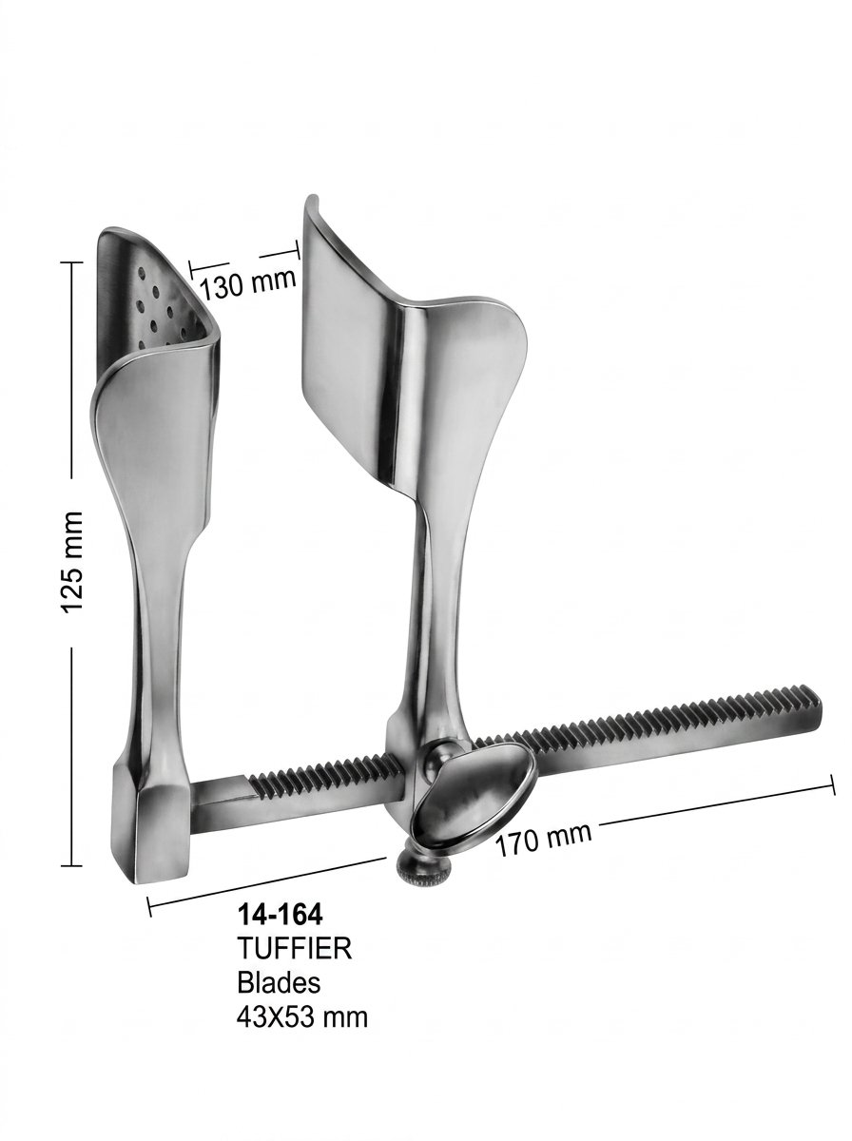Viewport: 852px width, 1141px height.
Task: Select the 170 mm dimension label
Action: pyautogui.click(x=543, y=840)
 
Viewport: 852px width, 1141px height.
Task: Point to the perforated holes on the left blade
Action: pyautogui.click(x=160, y=308)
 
